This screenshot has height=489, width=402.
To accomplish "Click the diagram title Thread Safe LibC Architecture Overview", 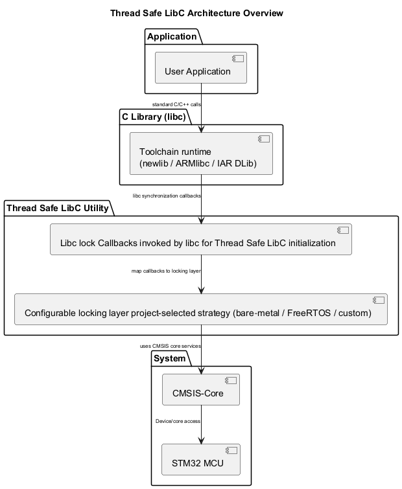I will coord(196,13).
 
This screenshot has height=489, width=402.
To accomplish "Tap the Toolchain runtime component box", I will coord(201,154).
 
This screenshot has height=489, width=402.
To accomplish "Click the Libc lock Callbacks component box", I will coord(201,240).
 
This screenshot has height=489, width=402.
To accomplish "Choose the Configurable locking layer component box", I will coord(201,309).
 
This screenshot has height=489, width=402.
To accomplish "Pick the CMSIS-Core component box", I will coord(201,389).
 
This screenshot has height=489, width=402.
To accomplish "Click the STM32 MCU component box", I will coord(201,459).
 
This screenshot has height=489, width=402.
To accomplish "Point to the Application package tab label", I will coord(172,36).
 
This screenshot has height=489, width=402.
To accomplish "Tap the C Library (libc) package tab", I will coord(154,117).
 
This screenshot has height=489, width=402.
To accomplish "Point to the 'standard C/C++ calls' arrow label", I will coord(176,104).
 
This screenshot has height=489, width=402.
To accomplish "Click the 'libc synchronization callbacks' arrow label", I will coord(167,196).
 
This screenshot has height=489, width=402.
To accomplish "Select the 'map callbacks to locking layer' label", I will coord(166,271).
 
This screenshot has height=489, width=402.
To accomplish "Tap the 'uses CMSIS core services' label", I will coord(170,346).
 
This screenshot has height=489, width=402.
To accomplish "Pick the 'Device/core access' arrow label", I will coord(178,421).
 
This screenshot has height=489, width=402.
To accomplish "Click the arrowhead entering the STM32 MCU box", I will coord(202,440).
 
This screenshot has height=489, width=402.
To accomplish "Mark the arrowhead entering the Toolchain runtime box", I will coord(202,128).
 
